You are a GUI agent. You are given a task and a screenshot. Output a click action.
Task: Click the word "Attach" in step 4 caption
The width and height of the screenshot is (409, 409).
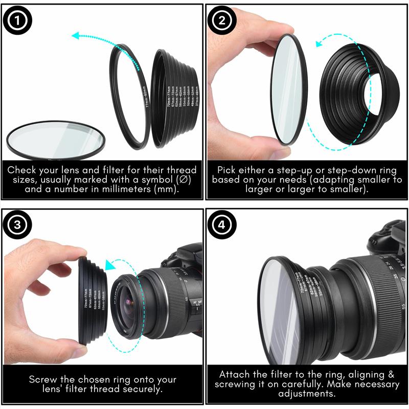point(235,374)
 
